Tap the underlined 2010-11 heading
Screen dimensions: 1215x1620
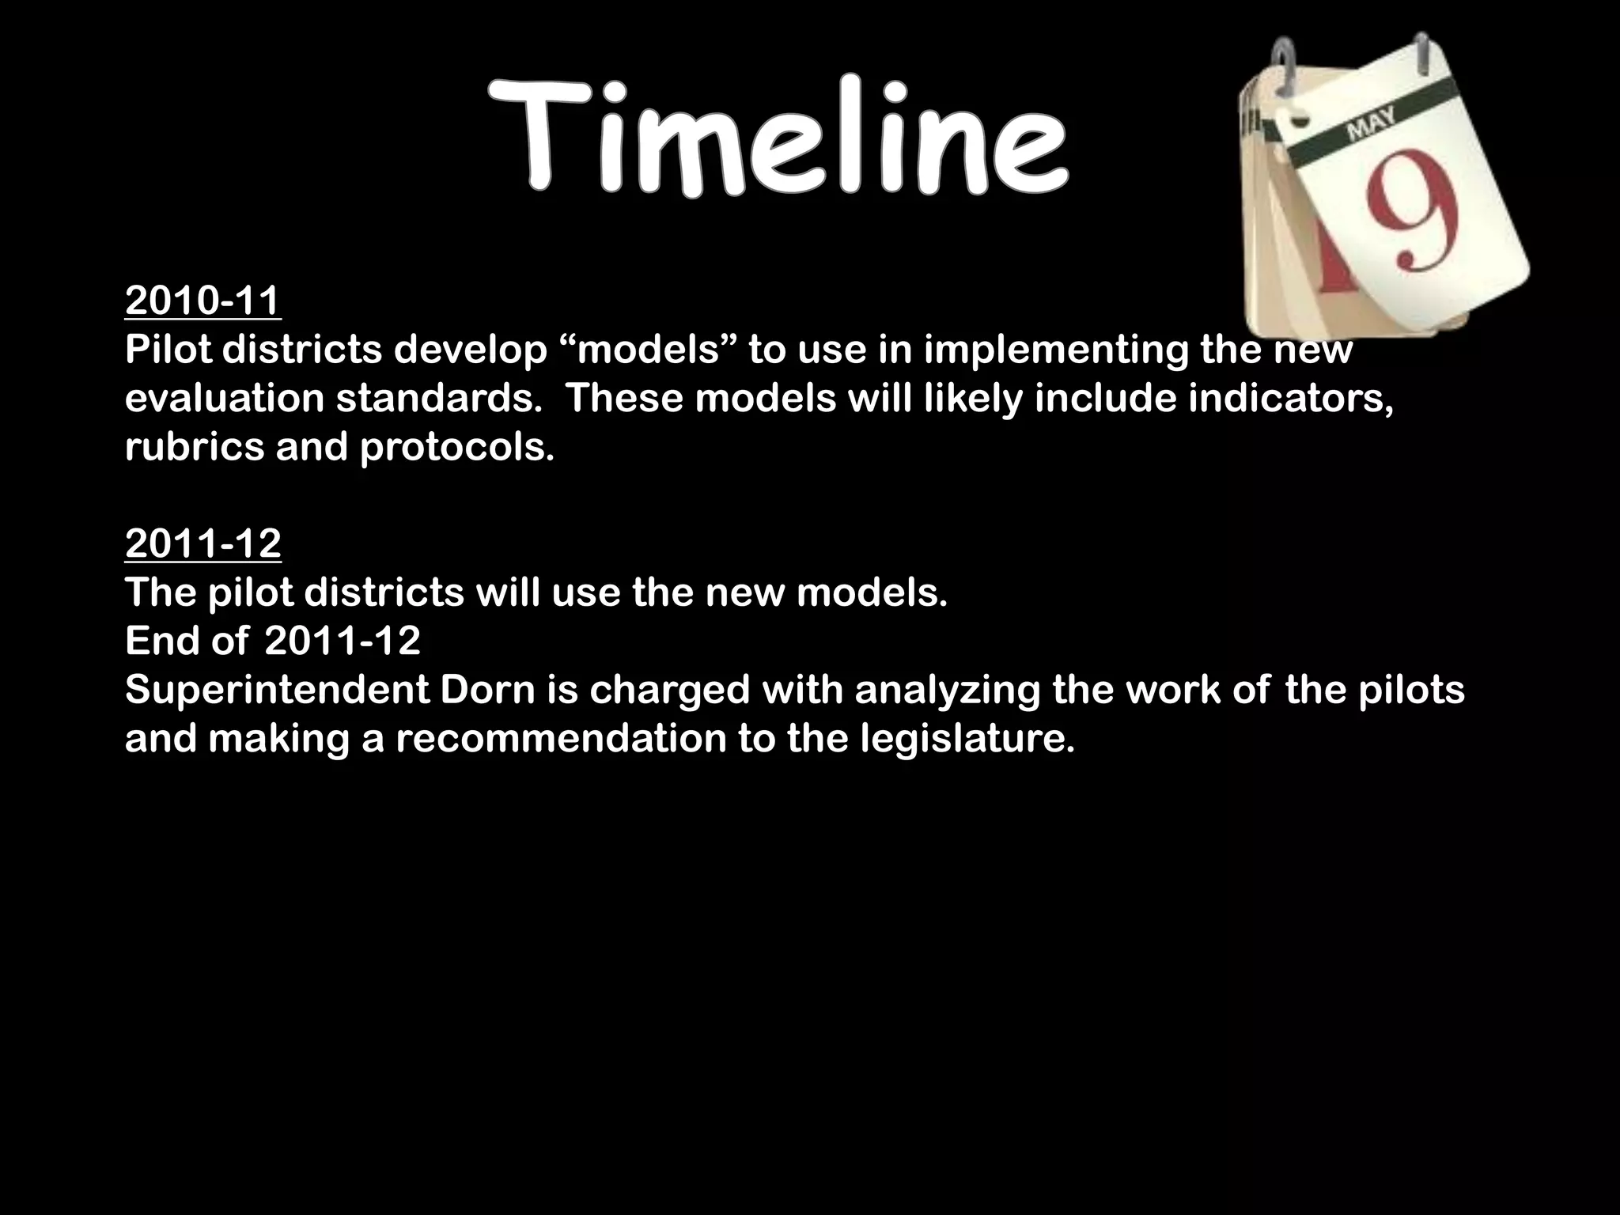tap(203, 301)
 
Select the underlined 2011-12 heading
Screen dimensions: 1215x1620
tap(203, 544)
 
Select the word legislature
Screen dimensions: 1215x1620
tap(967, 739)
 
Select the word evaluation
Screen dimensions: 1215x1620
tap(225, 399)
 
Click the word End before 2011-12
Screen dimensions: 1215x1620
tap(161, 641)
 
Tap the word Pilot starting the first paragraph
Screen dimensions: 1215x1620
tap(168, 350)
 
